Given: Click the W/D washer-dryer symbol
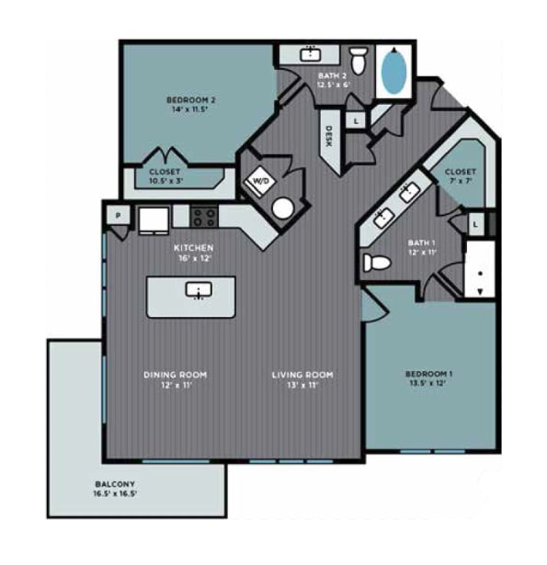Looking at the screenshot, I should click(x=259, y=182).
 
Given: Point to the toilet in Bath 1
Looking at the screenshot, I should click(x=377, y=263).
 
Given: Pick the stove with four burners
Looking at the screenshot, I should click(x=204, y=218).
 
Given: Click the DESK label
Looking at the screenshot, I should click(x=328, y=137).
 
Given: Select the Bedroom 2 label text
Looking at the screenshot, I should click(x=190, y=104).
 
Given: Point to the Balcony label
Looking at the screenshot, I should click(x=115, y=489).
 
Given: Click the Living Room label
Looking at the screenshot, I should click(x=302, y=379).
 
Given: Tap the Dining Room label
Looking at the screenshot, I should click(x=174, y=379).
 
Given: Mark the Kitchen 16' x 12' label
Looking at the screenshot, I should click(x=194, y=254).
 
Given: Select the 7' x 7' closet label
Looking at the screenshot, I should click(x=460, y=176).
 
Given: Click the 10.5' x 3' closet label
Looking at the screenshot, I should click(x=165, y=176).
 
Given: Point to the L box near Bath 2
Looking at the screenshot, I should click(x=356, y=120).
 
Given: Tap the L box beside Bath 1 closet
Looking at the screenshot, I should click(x=475, y=223).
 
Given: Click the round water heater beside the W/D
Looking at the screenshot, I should click(x=283, y=208).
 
